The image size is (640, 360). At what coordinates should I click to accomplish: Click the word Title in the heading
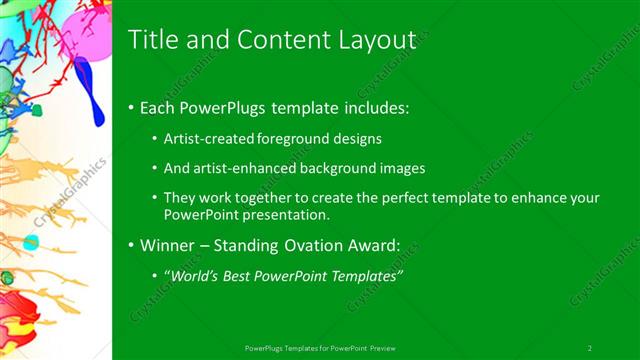153,39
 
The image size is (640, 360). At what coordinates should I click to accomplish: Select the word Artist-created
207,138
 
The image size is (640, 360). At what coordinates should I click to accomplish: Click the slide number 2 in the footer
589,347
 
